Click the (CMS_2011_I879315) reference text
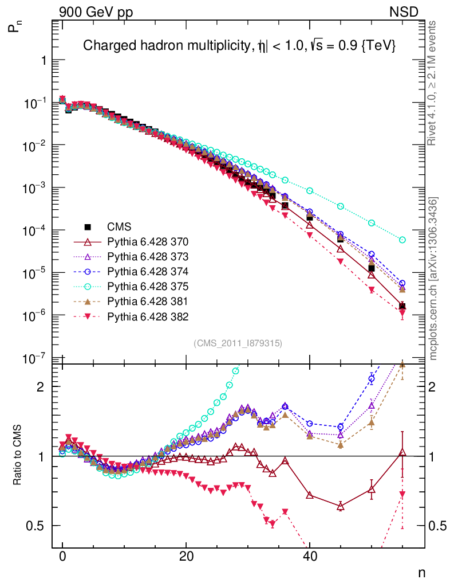point(238,343)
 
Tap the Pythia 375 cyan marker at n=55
point(402,240)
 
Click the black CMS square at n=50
point(372,268)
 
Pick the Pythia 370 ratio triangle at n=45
point(341,506)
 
